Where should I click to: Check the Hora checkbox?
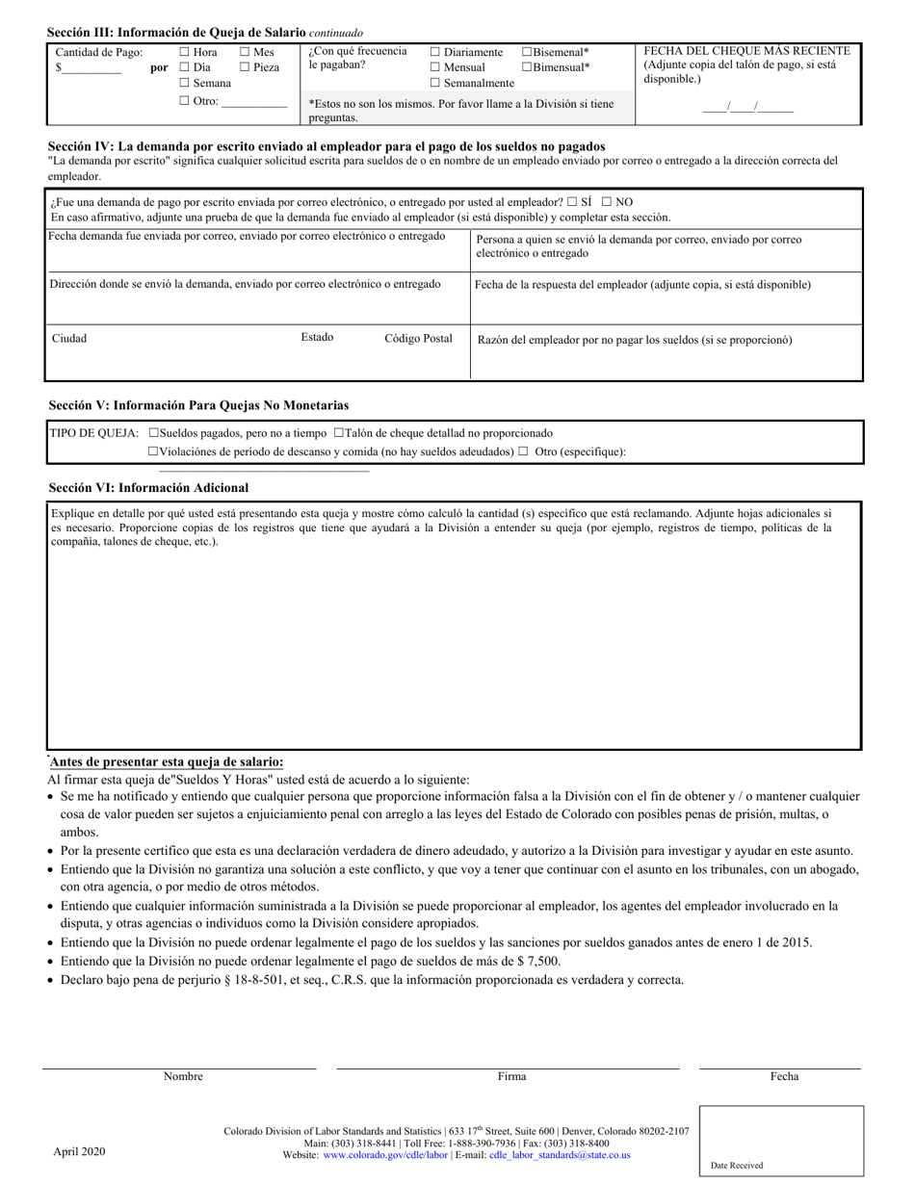[185, 53]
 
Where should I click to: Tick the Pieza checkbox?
[245, 68]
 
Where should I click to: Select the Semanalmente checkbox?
[435, 84]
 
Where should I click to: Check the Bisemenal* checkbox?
[527, 53]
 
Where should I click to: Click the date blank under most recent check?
[747, 108]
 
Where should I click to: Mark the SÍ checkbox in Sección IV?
[573, 203]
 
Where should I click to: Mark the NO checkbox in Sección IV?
[607, 203]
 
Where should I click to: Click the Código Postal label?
[418, 339]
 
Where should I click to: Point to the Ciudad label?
[69, 339]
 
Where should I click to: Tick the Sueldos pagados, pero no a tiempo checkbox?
[154, 434]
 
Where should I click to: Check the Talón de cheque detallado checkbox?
[338, 434]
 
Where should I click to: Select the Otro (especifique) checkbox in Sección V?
[523, 451]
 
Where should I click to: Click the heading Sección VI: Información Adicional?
[148, 488]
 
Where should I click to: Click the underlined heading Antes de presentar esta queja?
[167, 761]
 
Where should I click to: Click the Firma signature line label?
[511, 1077]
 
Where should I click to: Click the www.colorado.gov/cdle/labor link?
[385, 1156]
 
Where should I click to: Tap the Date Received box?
[781, 1141]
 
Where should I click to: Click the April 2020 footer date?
[79, 1152]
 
